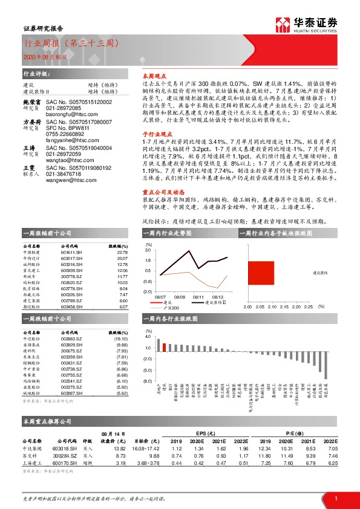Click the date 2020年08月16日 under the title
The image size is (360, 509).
tap(40, 56)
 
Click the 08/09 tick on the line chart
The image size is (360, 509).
tap(179, 297)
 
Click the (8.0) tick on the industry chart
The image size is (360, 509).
tap(147, 382)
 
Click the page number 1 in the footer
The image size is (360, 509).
tap(335, 497)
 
